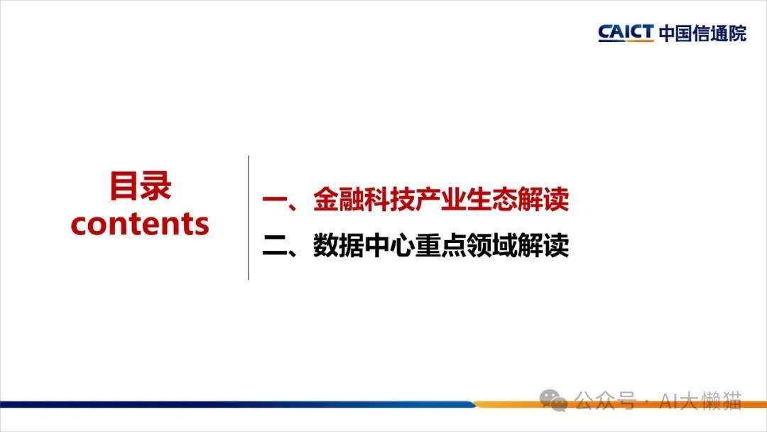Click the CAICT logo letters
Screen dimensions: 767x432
626,33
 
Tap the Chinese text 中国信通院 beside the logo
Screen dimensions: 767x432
702,33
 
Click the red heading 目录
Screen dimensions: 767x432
141,186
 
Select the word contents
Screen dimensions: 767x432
140,224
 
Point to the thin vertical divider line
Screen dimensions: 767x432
249,217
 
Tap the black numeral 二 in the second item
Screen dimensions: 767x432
275,246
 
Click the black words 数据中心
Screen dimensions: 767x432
364,246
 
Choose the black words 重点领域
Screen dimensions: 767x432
465,246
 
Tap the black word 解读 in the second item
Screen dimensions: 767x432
543,246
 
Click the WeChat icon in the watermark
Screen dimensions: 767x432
553,401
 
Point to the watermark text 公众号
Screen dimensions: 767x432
606,401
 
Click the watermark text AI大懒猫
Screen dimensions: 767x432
701,401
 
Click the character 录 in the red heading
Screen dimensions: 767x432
156,186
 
